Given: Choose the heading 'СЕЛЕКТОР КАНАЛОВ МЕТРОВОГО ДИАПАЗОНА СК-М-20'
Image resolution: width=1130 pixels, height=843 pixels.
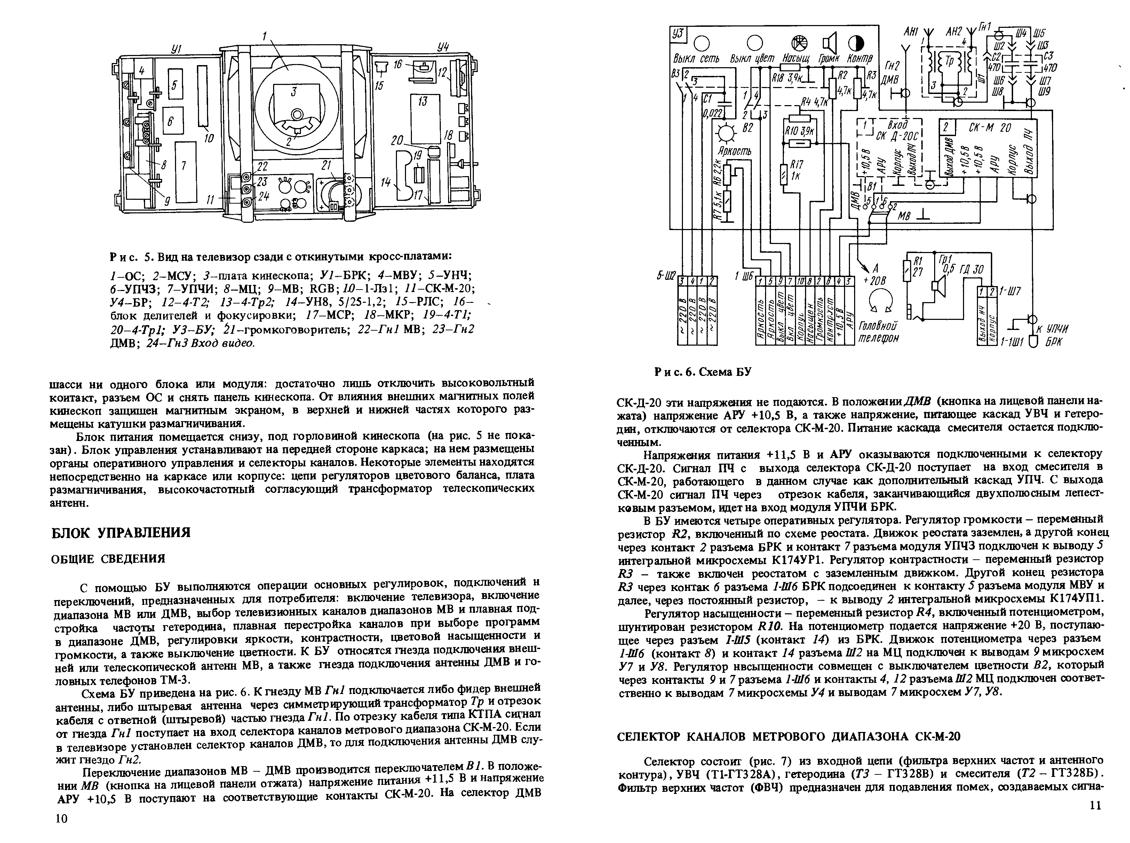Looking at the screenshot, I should pos(788,736).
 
